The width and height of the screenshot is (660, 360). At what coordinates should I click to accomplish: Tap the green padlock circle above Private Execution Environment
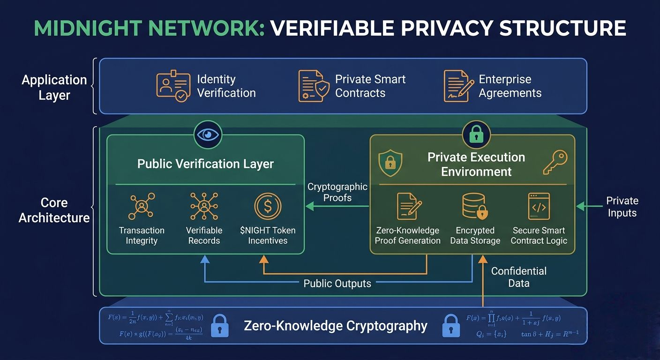tap(476, 135)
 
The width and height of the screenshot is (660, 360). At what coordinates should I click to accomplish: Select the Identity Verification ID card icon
tap(173, 86)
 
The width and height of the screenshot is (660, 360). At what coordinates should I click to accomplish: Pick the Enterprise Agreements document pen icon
tap(457, 86)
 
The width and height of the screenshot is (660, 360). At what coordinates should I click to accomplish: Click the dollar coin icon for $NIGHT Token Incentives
tap(268, 206)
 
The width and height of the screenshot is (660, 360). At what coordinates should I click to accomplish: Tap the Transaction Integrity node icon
tap(141, 206)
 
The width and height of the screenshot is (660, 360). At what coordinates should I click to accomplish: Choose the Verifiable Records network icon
tap(204, 206)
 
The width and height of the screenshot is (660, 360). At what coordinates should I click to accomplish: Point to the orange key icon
tap(555, 163)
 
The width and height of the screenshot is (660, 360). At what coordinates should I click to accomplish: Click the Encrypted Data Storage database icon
tap(475, 207)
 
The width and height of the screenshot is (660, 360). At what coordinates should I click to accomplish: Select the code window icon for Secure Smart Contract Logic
tap(539, 207)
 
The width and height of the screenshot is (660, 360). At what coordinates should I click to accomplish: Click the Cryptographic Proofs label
tap(337, 192)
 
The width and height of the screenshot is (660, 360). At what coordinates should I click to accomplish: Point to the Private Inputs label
tap(622, 207)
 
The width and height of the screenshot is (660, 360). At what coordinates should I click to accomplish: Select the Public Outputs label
tap(337, 283)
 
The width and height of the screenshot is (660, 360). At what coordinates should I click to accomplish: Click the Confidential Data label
tap(518, 277)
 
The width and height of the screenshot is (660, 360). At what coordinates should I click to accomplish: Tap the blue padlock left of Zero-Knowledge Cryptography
tap(220, 325)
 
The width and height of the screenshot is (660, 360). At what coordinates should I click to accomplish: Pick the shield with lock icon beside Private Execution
tap(390, 163)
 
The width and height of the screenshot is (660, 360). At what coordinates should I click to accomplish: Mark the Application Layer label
tap(54, 87)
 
